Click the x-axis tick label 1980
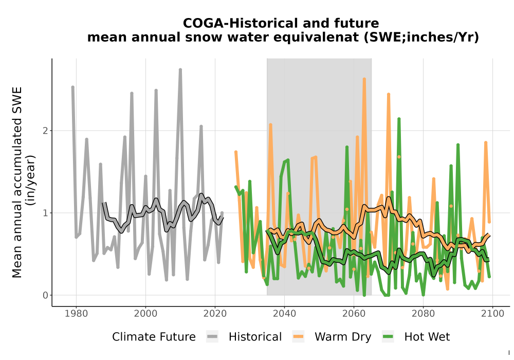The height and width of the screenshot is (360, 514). (x=76, y=314)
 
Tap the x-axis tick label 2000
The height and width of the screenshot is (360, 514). (x=145, y=314)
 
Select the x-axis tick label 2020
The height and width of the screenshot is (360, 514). (x=215, y=314)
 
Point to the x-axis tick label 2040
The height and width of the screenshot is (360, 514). (x=284, y=314)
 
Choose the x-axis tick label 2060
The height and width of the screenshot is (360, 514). (x=354, y=314)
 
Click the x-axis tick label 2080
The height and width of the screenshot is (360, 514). (x=423, y=314)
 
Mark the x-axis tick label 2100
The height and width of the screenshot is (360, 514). (x=492, y=314)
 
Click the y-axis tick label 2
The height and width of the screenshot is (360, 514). (x=46, y=131)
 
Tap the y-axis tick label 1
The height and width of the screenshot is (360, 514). (x=46, y=213)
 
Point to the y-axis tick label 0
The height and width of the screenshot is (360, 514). (x=46, y=295)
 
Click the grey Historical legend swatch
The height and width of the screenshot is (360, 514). (x=212, y=337)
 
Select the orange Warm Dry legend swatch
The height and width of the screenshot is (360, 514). (x=298, y=337)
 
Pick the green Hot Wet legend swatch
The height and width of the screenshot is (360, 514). (x=388, y=337)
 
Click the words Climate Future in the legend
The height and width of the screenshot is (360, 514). (x=154, y=337)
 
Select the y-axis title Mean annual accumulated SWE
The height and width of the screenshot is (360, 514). (x=17, y=182)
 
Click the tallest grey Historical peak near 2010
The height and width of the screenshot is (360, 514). (x=180, y=70)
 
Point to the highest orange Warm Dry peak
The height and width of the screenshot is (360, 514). (x=364, y=79)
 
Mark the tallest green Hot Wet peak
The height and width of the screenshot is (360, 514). (x=399, y=119)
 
